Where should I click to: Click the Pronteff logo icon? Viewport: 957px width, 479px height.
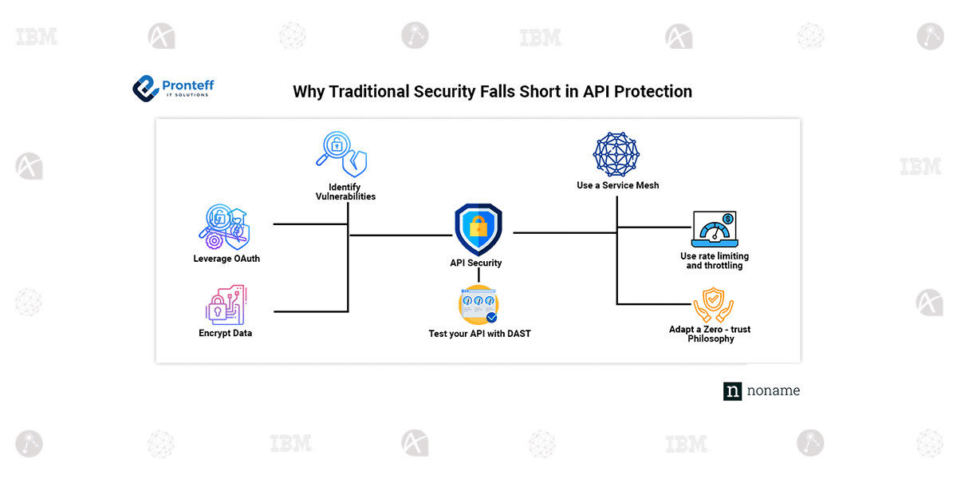(x=145, y=88)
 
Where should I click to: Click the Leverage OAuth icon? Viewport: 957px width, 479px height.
(x=224, y=227)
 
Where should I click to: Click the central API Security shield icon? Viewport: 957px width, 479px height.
(x=478, y=230)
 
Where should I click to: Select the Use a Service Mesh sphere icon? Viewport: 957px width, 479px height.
(x=616, y=154)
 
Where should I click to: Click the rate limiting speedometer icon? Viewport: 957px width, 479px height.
(x=715, y=230)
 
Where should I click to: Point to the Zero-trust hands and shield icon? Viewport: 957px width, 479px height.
(x=712, y=304)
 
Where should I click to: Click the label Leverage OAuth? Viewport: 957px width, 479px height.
(x=226, y=259)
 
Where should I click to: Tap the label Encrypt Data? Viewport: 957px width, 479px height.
(x=225, y=333)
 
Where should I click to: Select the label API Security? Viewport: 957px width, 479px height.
(x=476, y=263)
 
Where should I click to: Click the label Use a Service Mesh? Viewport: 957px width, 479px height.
(x=618, y=185)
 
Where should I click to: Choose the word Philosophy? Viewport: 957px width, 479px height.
(x=711, y=339)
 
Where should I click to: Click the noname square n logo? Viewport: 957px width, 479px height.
(x=732, y=391)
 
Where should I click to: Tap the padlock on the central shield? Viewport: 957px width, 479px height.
(x=478, y=228)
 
